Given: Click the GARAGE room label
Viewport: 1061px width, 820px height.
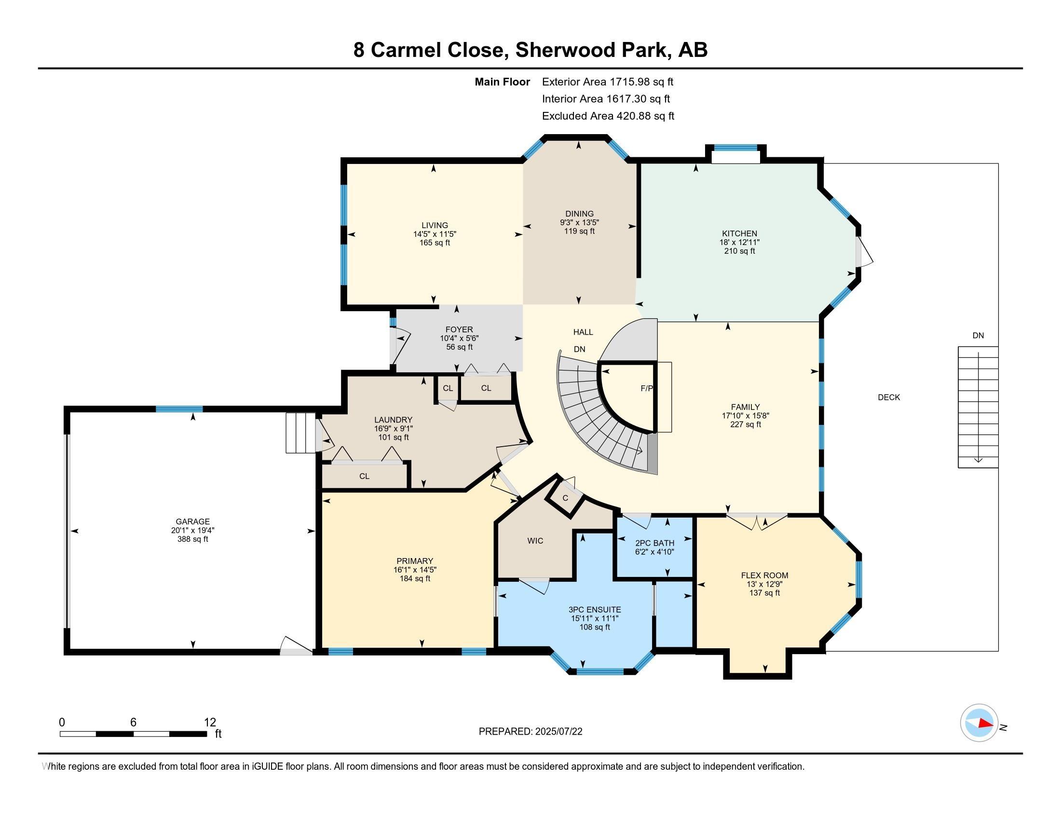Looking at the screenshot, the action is [x=193, y=521].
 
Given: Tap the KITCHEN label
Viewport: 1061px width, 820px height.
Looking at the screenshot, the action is [x=739, y=233].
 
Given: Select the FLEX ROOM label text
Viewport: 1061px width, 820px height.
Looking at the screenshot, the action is [x=765, y=575].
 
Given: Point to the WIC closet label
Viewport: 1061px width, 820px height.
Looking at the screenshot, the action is [x=535, y=541].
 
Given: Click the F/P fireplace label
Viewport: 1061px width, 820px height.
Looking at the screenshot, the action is [x=647, y=389].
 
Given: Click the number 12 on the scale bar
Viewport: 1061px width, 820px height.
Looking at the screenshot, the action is [x=210, y=722].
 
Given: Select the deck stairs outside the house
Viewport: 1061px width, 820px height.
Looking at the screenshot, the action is [x=978, y=407].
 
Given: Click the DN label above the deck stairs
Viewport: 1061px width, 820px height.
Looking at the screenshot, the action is [x=978, y=335].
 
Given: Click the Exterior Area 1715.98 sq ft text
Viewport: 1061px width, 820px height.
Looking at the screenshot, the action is [x=608, y=82].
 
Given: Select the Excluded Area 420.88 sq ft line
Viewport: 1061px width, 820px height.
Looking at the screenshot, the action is [x=608, y=116].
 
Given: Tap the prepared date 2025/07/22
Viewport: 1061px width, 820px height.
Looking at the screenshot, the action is [x=558, y=732].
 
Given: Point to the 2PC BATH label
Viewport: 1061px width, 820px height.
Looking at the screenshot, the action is [x=655, y=543].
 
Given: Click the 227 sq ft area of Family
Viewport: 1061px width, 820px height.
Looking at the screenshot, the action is [x=745, y=424].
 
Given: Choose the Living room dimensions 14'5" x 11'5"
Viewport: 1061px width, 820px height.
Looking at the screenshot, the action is [x=435, y=233].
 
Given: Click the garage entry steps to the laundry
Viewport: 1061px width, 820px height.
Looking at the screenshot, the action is [x=301, y=433].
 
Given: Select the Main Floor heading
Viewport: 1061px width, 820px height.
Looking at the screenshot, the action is [x=503, y=82].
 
